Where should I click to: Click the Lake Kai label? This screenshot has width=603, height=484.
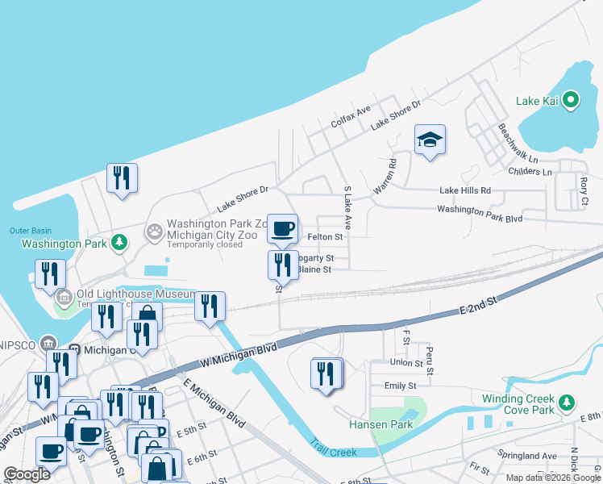(x=538, y=102)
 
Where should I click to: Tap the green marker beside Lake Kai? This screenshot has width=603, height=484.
(x=571, y=101)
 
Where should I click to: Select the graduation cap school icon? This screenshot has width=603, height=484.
(x=430, y=140)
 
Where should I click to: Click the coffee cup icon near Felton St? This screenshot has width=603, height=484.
(x=282, y=229)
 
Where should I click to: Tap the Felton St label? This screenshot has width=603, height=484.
(x=326, y=237)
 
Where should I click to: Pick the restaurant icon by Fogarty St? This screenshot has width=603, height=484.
(x=282, y=264)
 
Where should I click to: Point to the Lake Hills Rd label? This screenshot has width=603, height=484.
(x=465, y=191)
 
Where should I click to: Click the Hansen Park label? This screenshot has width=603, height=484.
(x=381, y=424)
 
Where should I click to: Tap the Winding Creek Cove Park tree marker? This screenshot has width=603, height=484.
(x=568, y=401)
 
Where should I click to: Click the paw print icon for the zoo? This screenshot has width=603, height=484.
(x=155, y=232)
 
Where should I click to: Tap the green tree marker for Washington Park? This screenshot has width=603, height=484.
(x=119, y=242)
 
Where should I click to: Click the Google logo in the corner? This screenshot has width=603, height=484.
(x=27, y=474)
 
